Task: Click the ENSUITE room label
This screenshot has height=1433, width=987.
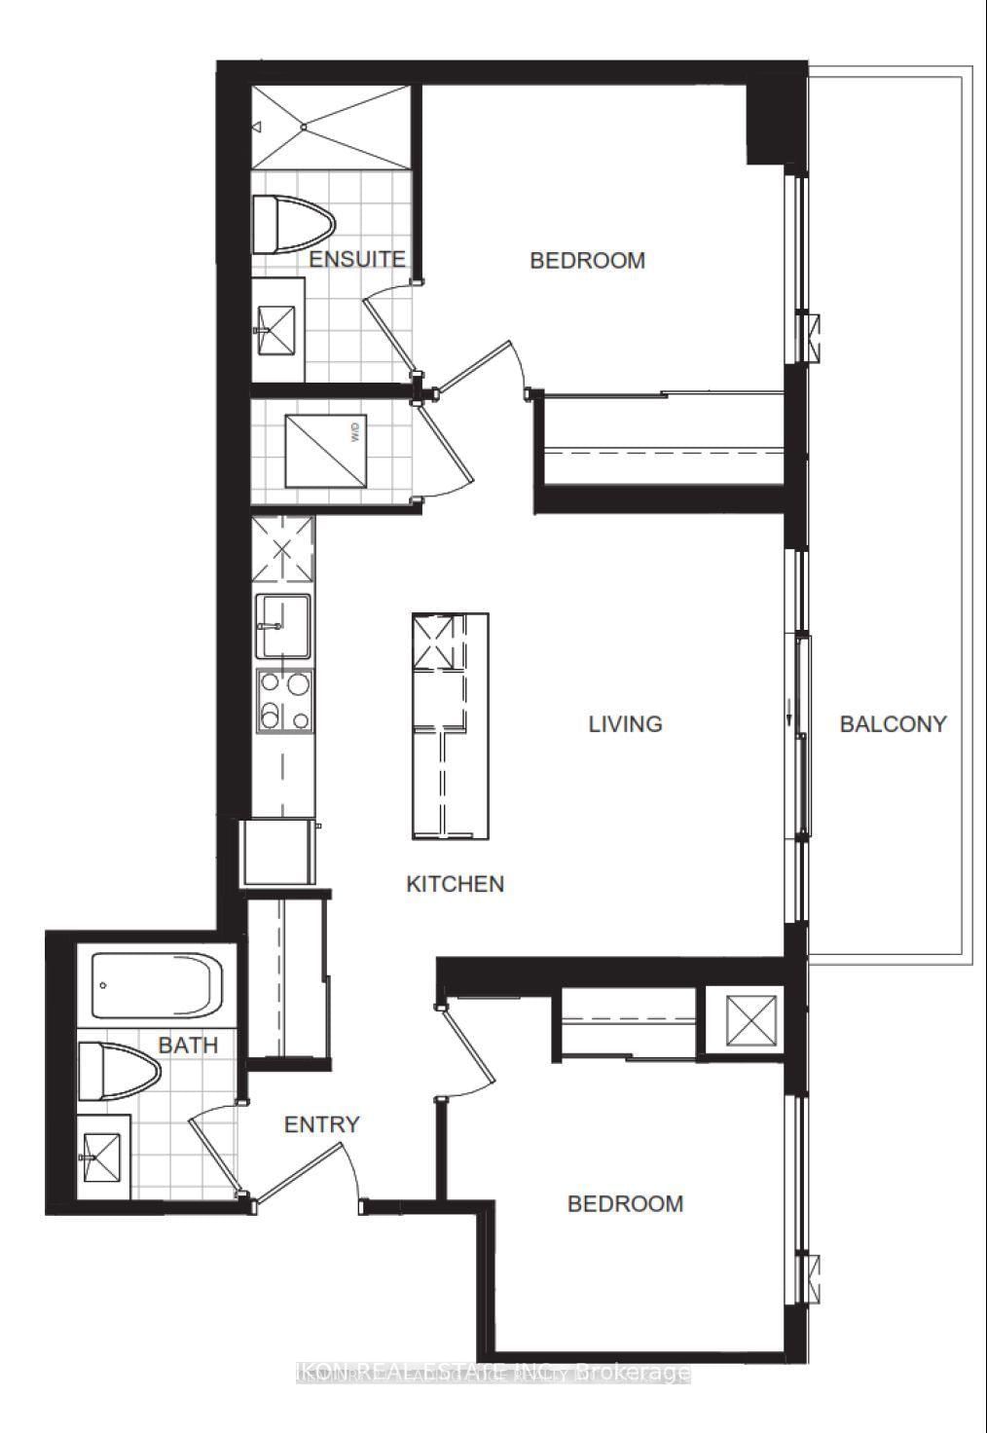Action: click(x=356, y=259)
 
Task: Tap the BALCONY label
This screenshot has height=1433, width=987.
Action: click(x=893, y=724)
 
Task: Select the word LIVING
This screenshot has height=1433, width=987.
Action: click(x=625, y=724)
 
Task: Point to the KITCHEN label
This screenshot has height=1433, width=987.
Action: click(x=455, y=884)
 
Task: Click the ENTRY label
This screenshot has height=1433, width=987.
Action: click(x=321, y=1124)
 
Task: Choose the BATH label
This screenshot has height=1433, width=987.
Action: click(x=188, y=1046)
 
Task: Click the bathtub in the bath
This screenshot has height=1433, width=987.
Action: click(x=156, y=983)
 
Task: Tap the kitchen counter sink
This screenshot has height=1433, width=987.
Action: click(x=283, y=627)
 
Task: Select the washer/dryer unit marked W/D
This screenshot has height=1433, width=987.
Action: click(x=326, y=453)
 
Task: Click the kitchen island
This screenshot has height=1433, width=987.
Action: click(x=449, y=725)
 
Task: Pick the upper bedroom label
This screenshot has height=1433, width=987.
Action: click(x=587, y=260)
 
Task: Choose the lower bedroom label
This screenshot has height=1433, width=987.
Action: click(x=625, y=1203)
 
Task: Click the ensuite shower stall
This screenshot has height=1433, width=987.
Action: click(x=329, y=128)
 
